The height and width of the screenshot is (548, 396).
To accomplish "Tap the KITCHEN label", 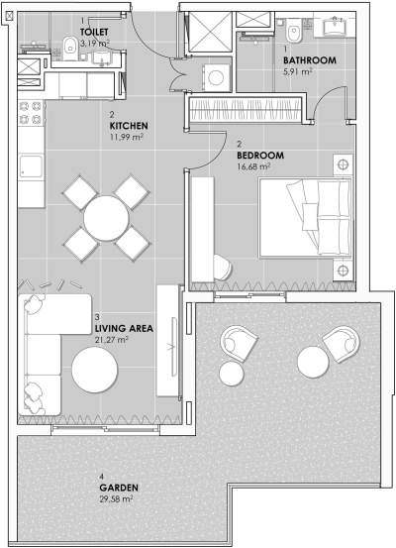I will coord(129,127).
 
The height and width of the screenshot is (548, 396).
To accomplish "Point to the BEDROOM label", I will coord(260,156).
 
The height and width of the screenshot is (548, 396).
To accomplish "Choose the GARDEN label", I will coord(118,489).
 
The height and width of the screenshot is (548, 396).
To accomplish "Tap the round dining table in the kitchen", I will coord(104,215).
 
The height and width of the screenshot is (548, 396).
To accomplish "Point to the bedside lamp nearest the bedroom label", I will coord(342,164).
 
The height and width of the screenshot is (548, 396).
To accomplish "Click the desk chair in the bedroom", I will coord(223,265).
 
